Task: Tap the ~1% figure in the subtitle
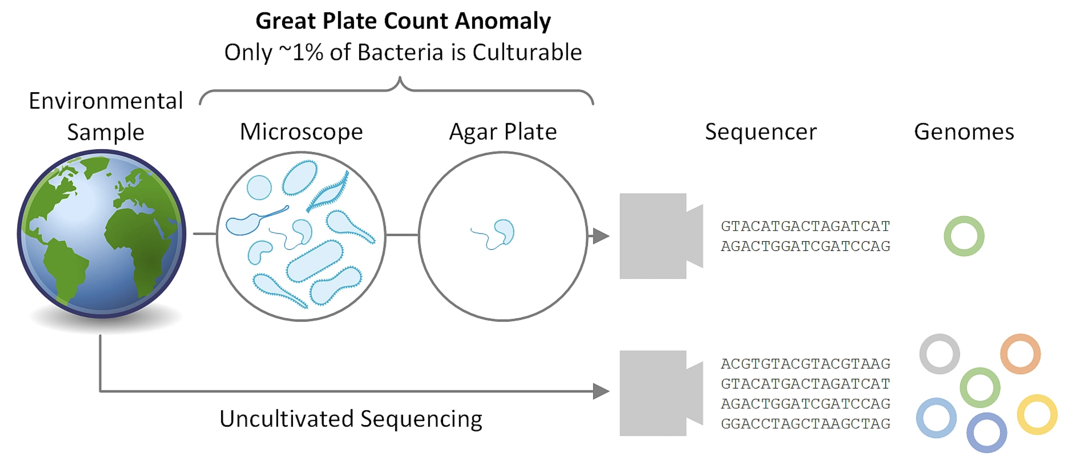click(x=301, y=53)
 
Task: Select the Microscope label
click(x=301, y=132)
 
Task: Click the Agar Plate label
click(x=503, y=132)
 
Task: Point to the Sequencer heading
click(x=761, y=132)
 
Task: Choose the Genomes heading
click(x=964, y=132)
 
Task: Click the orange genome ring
click(x=1021, y=354)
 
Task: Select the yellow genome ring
click(x=1037, y=414)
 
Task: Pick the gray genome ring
click(x=940, y=354)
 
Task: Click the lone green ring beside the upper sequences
click(x=964, y=236)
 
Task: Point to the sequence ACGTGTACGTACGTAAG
click(x=805, y=364)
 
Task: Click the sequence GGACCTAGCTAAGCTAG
click(x=805, y=424)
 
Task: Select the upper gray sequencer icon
click(x=658, y=236)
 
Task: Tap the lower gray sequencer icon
click(x=658, y=393)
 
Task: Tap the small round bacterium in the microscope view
click(x=259, y=188)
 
